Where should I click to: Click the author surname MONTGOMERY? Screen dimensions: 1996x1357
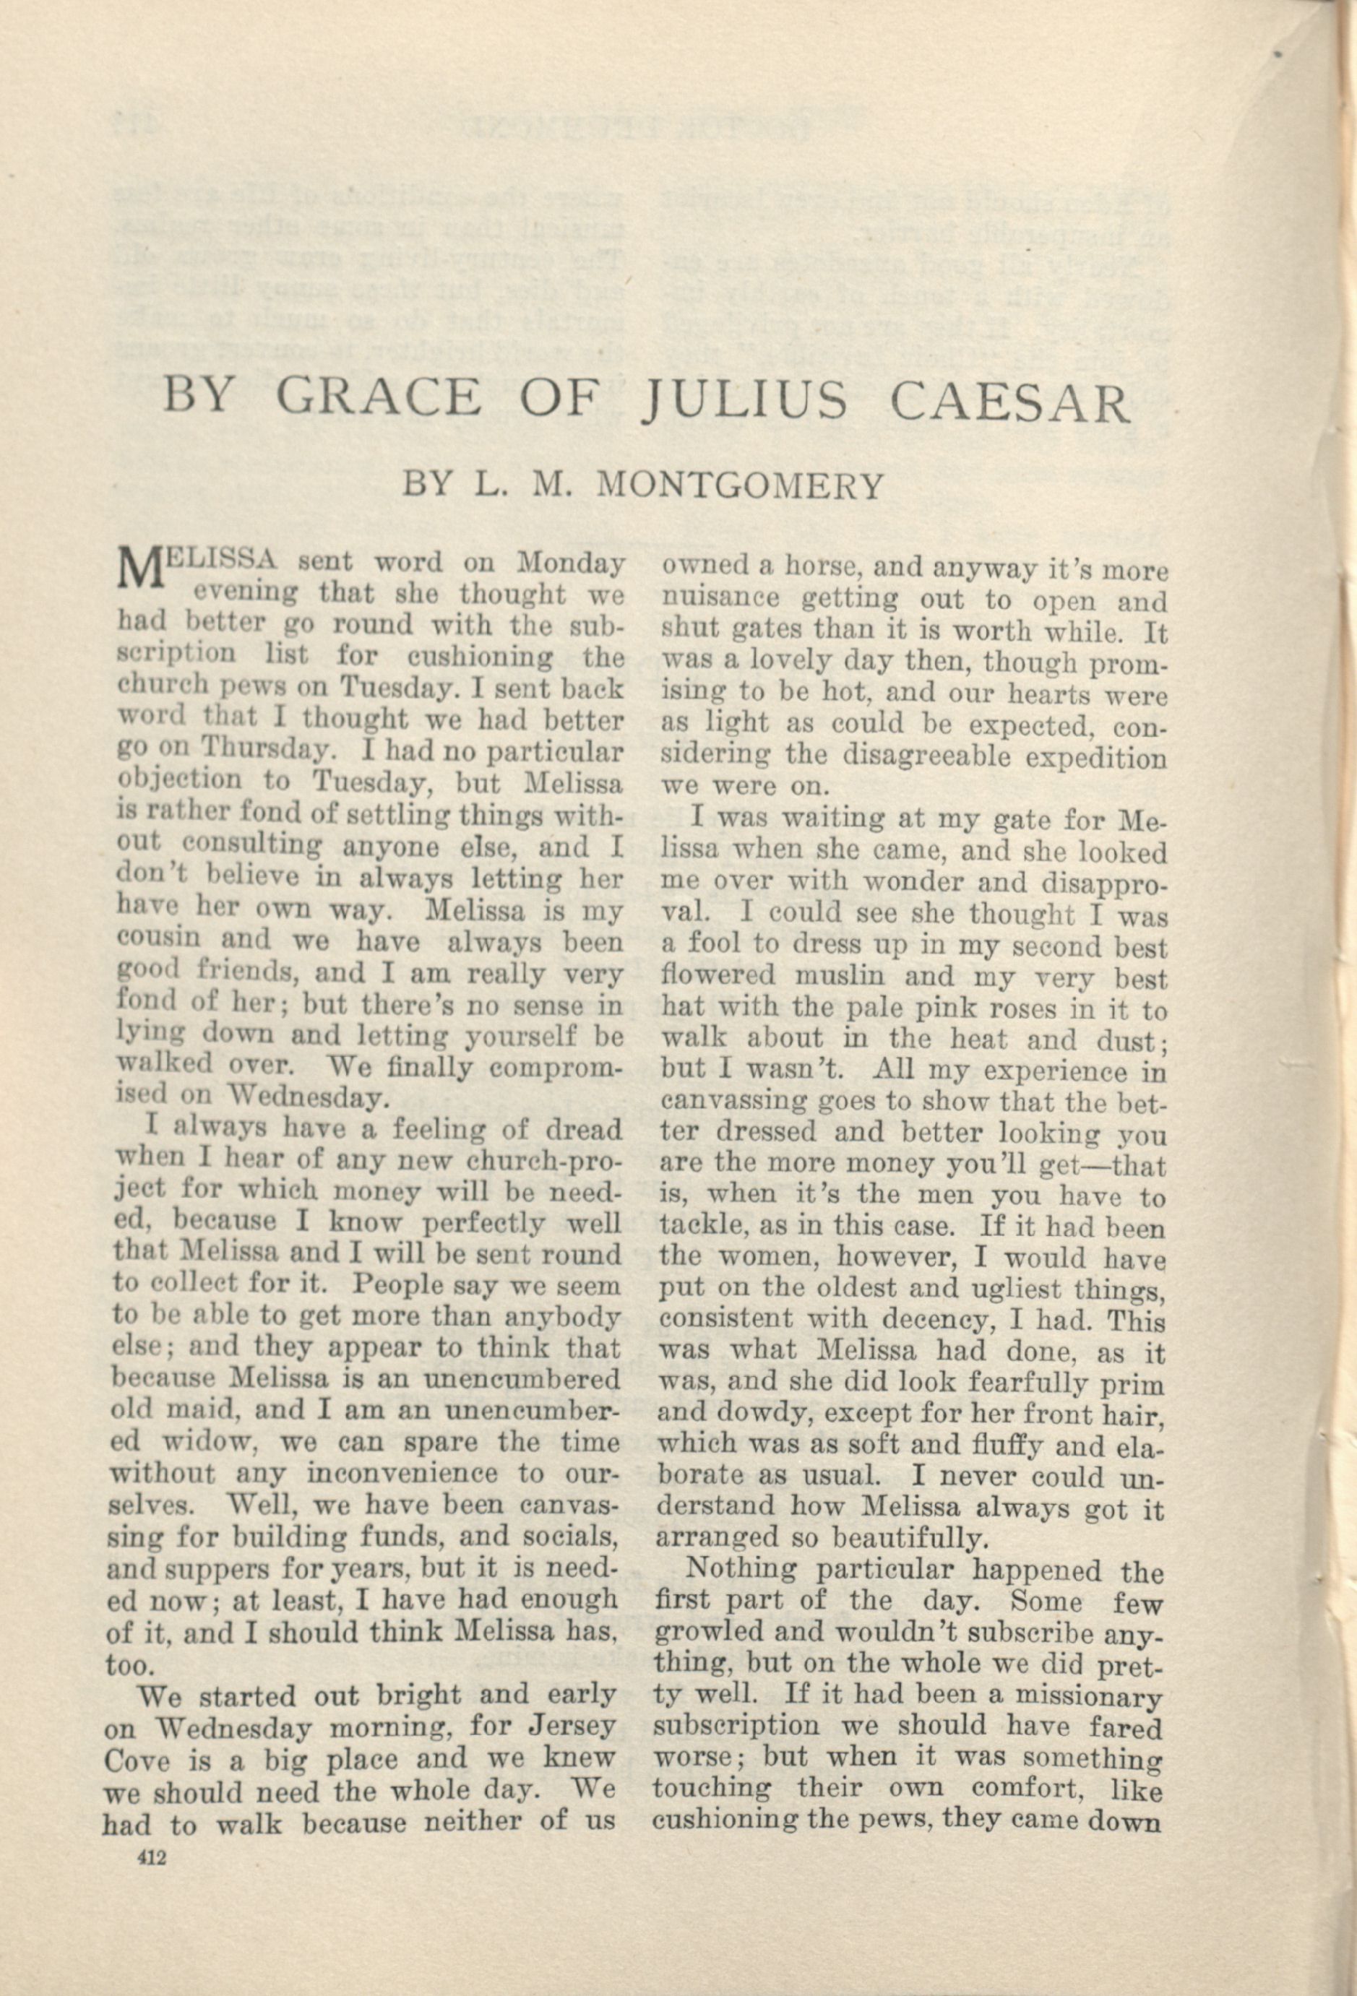738,486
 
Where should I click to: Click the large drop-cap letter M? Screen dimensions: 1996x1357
137,571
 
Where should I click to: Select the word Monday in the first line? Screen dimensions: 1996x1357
570,563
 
